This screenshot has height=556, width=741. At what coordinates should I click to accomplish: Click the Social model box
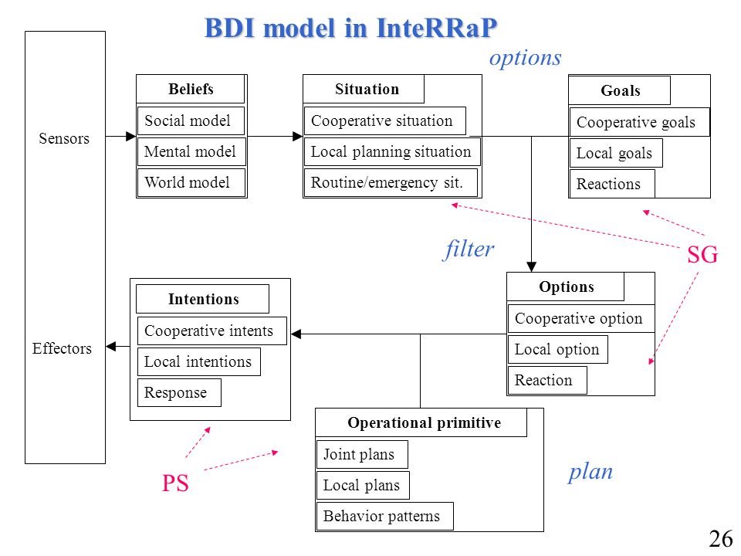[x=191, y=120]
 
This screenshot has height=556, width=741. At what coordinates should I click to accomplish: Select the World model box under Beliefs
[x=191, y=182]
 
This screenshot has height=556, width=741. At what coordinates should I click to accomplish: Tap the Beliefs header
[x=191, y=89]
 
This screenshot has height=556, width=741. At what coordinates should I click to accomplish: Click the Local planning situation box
[x=392, y=152]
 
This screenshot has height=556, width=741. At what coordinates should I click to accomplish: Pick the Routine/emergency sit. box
[x=391, y=182]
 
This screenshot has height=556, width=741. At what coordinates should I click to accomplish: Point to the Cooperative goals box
[x=639, y=122]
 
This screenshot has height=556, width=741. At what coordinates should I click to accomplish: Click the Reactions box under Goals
[x=612, y=184]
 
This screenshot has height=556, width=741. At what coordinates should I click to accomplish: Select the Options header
[x=565, y=286]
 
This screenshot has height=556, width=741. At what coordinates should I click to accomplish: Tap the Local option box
[x=557, y=349]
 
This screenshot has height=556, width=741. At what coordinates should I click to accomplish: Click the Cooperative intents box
[x=211, y=331]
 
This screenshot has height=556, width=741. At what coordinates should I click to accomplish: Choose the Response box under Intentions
[x=179, y=392]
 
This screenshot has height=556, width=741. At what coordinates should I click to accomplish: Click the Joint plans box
[x=362, y=454]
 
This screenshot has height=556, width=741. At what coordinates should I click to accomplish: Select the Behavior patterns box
[x=384, y=517]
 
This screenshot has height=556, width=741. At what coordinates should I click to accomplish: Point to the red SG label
[x=702, y=255]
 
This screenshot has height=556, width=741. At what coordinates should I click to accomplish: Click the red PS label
[x=175, y=483]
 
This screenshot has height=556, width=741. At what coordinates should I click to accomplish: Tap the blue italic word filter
[x=469, y=249]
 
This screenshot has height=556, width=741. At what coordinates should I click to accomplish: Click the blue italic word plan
[x=590, y=472]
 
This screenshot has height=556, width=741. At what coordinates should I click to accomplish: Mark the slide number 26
[x=721, y=538]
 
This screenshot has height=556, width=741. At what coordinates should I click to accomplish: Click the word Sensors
[x=64, y=138]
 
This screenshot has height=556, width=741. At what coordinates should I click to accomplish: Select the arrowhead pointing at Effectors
[x=110, y=347]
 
